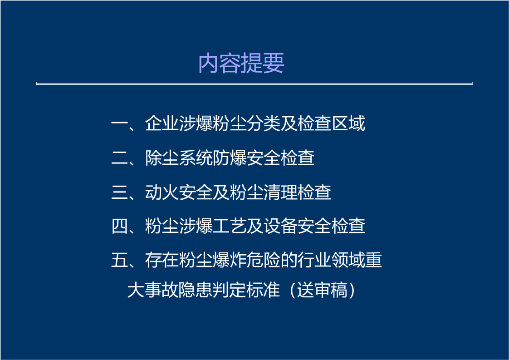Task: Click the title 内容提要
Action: point(241,64)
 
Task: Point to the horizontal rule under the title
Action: point(254,84)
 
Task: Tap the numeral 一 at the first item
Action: point(119,124)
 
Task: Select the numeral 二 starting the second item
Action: point(119,158)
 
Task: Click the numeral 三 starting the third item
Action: point(119,192)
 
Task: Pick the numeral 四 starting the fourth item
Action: point(119,226)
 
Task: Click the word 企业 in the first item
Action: point(162,124)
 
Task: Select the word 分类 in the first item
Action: point(264,124)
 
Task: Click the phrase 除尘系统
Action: point(179,158)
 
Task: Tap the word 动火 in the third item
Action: point(162,192)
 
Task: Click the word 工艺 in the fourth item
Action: point(230,226)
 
